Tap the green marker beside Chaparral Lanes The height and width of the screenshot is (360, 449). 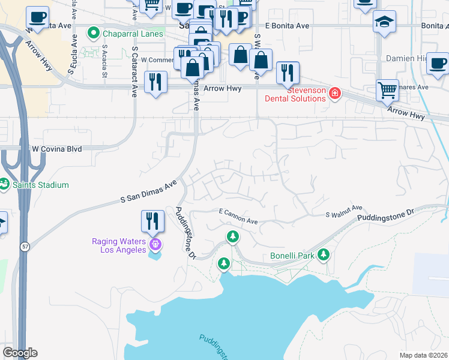pyautogui.click(x=93, y=33)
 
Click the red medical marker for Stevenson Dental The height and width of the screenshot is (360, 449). pyautogui.click(x=334, y=94)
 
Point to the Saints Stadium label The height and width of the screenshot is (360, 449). pyautogui.click(x=42, y=185)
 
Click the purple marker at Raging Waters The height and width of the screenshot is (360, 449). pyautogui.click(x=155, y=244)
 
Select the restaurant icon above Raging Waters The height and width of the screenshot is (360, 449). pyautogui.click(x=152, y=221)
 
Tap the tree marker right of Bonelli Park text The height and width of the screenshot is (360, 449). pyautogui.click(x=324, y=256)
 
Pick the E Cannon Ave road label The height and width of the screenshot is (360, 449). pyautogui.click(x=238, y=217)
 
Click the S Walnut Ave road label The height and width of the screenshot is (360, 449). pyautogui.click(x=345, y=211)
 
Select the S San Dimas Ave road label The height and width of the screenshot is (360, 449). pyautogui.click(x=148, y=190)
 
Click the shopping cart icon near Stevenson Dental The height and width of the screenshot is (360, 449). pyautogui.click(x=387, y=91)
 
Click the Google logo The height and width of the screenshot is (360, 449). pyautogui.click(x=20, y=353)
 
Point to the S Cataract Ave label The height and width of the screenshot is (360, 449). pyautogui.click(x=134, y=73)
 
